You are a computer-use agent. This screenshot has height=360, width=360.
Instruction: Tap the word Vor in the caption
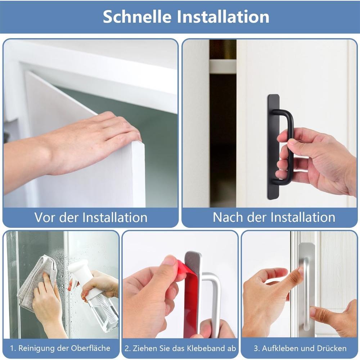point(45,217)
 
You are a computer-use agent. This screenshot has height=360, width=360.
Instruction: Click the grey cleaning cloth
point(34,281)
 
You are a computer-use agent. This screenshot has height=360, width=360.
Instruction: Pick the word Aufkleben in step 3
point(279,348)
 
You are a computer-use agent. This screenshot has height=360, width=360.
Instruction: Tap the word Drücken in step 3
point(332,348)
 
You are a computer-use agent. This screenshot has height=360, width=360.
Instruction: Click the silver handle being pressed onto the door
point(306,288)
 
